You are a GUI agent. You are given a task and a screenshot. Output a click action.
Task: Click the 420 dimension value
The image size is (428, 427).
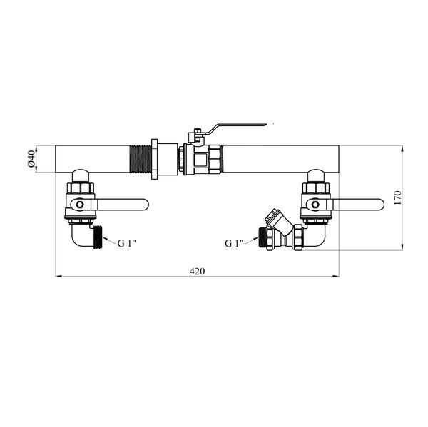pyautogui.click(x=197, y=271)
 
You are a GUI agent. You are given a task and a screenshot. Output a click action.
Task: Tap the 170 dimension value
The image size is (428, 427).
pyautogui.click(x=398, y=197)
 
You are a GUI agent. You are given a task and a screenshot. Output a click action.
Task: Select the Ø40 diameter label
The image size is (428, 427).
pyautogui.click(x=31, y=159)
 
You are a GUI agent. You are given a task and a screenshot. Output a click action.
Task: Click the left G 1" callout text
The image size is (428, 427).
pyautogui.click(x=126, y=243)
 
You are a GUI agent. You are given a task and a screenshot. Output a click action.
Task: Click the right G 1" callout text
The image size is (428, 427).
pyautogui.click(x=234, y=243)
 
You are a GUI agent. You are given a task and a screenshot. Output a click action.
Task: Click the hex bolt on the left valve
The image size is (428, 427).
pyautogui.click(x=80, y=205)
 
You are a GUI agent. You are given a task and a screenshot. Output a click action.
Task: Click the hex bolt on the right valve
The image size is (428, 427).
pyautogui.click(x=315, y=205)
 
